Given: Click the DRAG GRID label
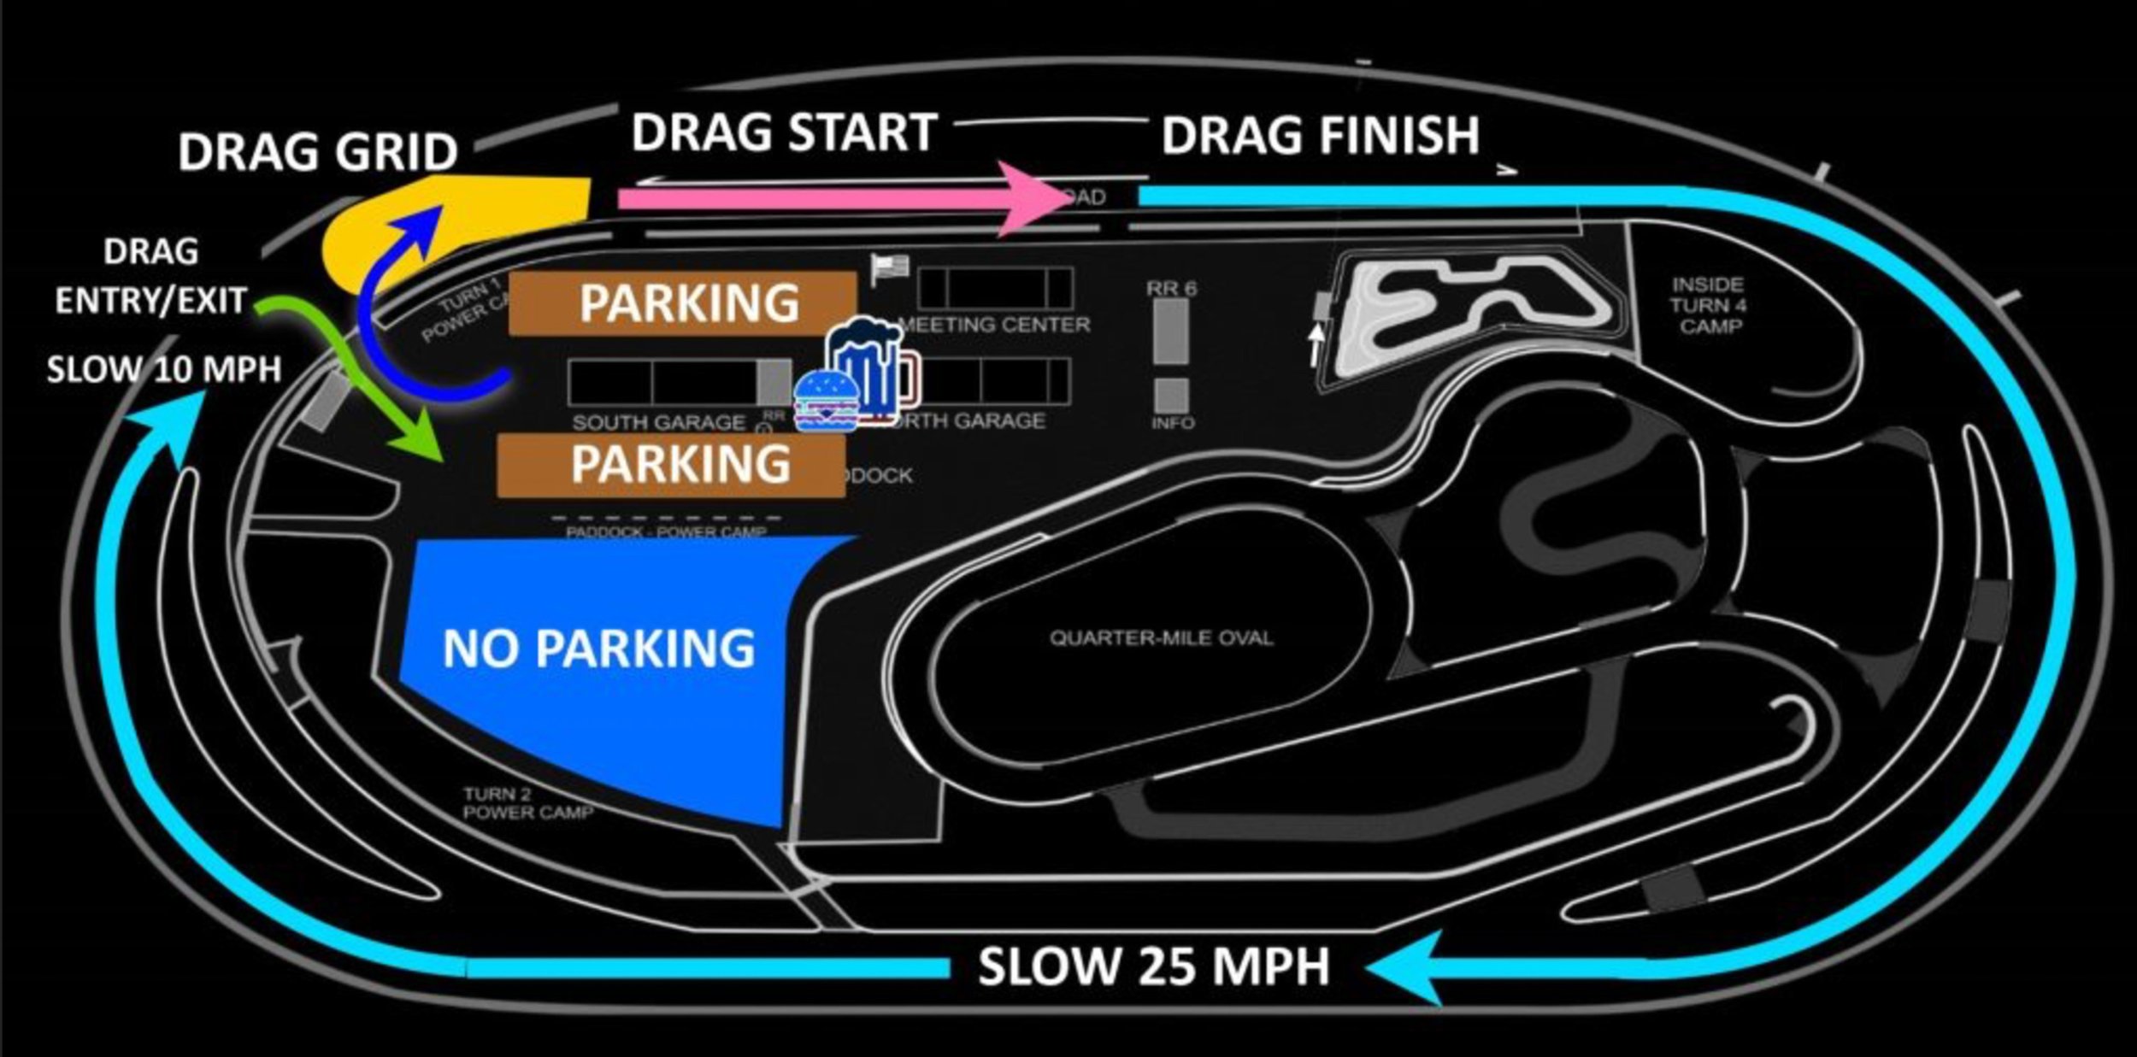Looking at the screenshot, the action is click(x=317, y=152).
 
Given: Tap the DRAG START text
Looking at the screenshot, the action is click(x=784, y=133).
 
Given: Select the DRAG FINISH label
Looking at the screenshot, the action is click(x=1319, y=136).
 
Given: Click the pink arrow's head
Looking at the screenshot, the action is click(x=1033, y=198).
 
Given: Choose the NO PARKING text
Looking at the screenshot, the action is click(x=598, y=649).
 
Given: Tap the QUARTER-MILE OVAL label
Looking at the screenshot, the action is click(x=1161, y=637).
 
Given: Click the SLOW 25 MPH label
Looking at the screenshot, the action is click(x=1153, y=967).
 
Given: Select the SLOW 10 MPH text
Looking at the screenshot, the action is click(x=163, y=369).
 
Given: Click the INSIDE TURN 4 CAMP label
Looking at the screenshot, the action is click(x=1708, y=305).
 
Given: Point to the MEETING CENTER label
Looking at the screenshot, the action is click(x=996, y=325).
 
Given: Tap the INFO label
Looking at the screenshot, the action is click(x=1172, y=423).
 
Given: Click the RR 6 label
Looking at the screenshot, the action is click(x=1171, y=289).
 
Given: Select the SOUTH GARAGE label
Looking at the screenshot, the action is click(x=658, y=422).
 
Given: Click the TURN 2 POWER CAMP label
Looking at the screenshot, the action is click(x=527, y=803).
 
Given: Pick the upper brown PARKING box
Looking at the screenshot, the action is click(x=683, y=302).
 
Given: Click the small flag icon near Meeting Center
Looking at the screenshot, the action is click(x=889, y=268).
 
